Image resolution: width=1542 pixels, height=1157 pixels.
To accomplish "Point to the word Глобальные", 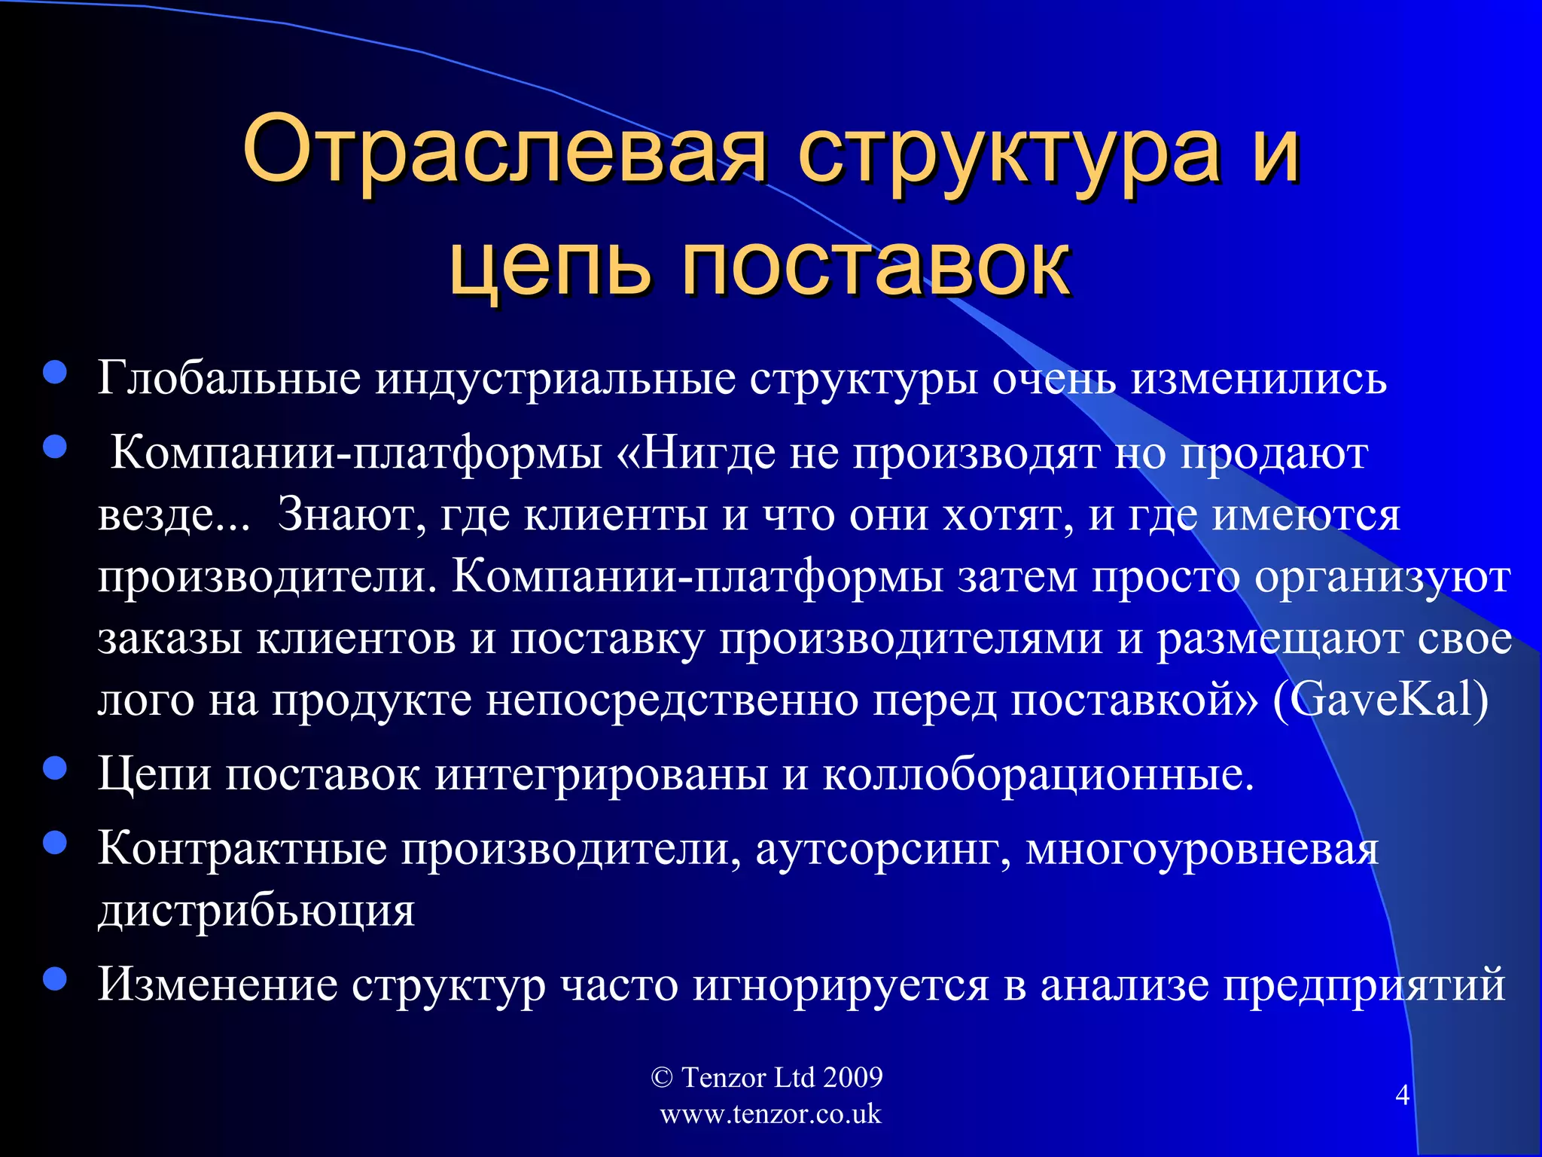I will [x=229, y=378].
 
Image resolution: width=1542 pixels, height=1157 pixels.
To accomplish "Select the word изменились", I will [x=1259, y=378].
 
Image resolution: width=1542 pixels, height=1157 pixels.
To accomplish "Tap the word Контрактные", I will [x=242, y=848].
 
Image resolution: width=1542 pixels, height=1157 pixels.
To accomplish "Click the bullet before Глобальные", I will [x=55, y=372].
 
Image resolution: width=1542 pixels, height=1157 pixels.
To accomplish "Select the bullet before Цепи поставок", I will [x=55, y=768].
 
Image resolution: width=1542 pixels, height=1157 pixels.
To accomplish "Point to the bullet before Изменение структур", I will [x=55, y=978].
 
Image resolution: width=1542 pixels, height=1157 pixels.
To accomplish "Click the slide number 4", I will [x=1402, y=1094].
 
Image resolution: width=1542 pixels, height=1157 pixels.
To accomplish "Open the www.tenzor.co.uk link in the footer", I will [x=770, y=1114].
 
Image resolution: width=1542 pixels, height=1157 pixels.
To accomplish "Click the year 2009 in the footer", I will [x=852, y=1077].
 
